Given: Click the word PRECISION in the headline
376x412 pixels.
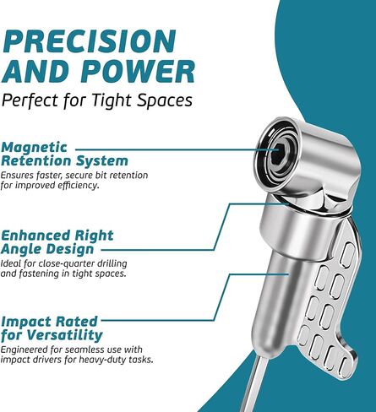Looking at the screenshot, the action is tap(90, 41).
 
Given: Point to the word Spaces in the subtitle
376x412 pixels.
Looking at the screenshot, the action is tap(165, 100).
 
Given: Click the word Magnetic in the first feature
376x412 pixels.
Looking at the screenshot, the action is tap(35, 147).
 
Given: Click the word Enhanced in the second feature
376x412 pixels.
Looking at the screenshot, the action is tap(35, 236).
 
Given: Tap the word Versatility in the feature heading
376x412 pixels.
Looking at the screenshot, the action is tap(65, 335).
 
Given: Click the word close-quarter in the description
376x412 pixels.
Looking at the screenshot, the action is tap(68, 263).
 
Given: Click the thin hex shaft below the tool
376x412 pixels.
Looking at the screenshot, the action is tap(254, 385).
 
